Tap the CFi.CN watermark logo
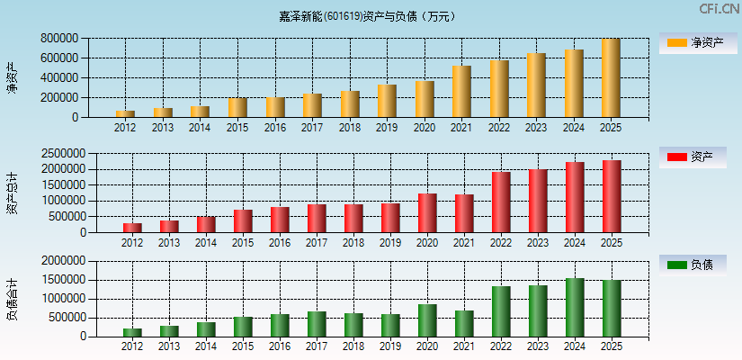click(720, 9)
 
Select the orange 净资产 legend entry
click(697, 42)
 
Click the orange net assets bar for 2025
click(612, 78)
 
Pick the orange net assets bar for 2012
click(125, 113)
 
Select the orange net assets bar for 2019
click(387, 101)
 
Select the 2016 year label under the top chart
click(275, 128)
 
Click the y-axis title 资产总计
click(12, 193)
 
